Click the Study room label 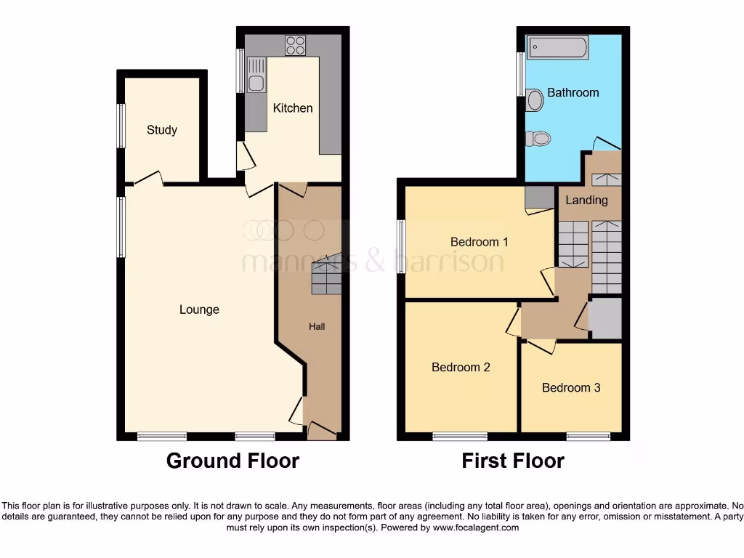click(161, 130)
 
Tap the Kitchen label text click(293, 108)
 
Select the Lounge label click(199, 310)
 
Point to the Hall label click(317, 327)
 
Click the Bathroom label click(573, 93)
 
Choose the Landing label click(586, 200)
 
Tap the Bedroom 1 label click(479, 242)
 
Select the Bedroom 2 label click(461, 367)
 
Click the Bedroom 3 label click(571, 387)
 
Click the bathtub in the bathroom click(558, 48)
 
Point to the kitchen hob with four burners click(295, 46)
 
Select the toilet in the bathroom click(538, 138)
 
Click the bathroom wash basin click(535, 100)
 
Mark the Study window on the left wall click(121, 126)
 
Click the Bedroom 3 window click(588, 436)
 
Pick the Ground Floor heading click(232, 461)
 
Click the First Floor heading click(513, 461)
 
